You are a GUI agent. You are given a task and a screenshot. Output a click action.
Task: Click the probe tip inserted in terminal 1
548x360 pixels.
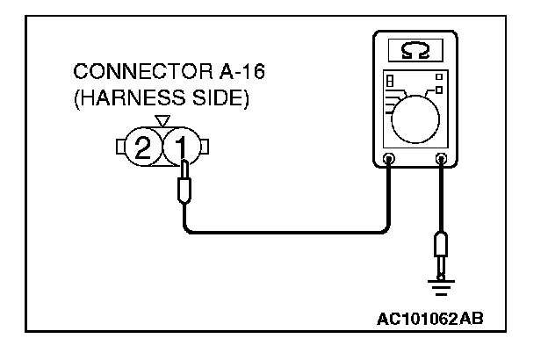coord(184,186)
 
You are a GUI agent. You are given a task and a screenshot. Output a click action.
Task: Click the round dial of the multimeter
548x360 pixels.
coord(417,117)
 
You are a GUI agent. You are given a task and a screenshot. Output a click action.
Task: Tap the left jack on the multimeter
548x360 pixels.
coord(389,159)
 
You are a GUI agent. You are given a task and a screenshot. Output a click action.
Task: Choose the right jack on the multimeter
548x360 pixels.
coord(441,159)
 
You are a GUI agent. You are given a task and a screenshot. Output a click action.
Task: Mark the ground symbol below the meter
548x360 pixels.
coord(441,281)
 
